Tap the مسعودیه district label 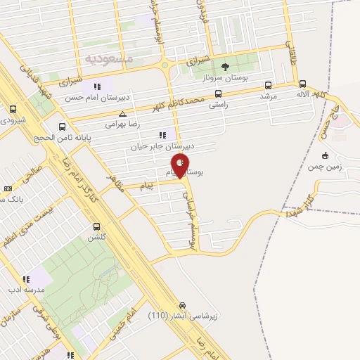click(x=108, y=57)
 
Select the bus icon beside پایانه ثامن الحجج click(x=63, y=127)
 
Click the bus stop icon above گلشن click(x=97, y=226)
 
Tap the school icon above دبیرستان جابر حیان click(x=163, y=135)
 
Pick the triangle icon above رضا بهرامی click(x=123, y=113)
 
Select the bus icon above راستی click(x=219, y=94)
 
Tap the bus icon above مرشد click(x=268, y=84)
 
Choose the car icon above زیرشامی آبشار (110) click(x=182, y=305)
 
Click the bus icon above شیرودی click(x=13, y=110)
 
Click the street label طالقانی click(x=289, y=53)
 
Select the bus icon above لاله click(x=302, y=84)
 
